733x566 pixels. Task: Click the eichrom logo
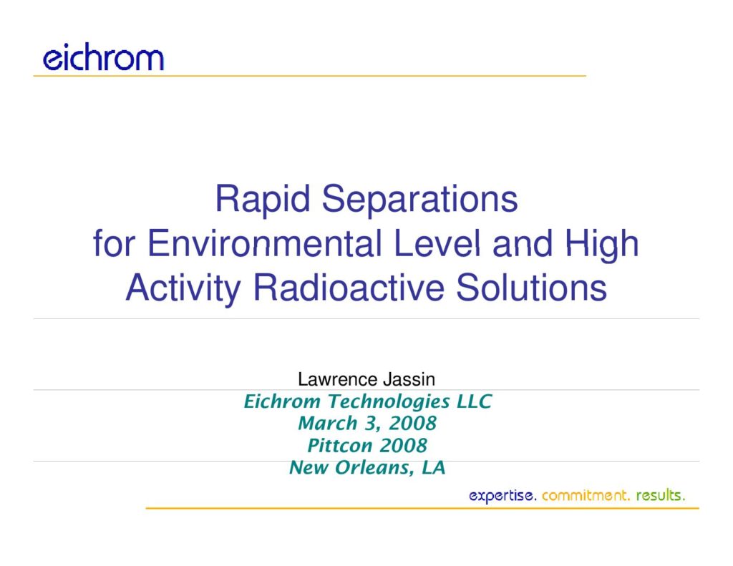click(103, 57)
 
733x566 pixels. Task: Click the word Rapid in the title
click(263, 199)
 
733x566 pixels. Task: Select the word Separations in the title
click(419, 199)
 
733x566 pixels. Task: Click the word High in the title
click(602, 244)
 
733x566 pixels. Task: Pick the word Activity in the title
click(183, 288)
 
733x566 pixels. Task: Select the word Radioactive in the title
click(349, 288)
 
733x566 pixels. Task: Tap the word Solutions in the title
click(532, 288)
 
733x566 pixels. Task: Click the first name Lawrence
click(338, 379)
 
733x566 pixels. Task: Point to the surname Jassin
click(409, 379)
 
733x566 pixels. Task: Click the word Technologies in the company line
click(389, 401)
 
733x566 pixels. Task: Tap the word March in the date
click(328, 424)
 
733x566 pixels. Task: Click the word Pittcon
click(340, 445)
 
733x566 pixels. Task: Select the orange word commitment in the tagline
click(586, 495)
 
